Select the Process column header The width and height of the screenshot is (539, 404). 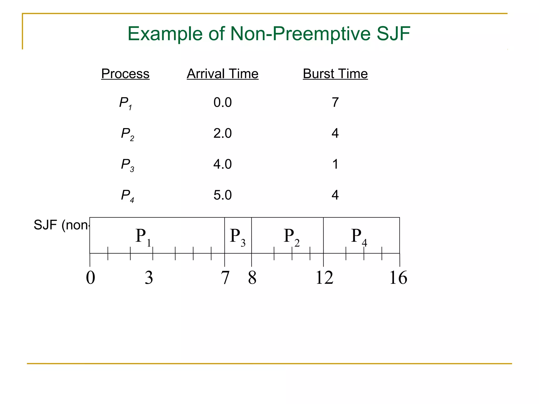coord(125,74)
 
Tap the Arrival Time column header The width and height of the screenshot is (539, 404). coord(223,74)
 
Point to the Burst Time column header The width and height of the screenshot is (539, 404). coord(335,74)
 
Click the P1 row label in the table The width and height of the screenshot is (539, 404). coord(126,103)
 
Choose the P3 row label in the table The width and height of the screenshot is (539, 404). coord(127,165)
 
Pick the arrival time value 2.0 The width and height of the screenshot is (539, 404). coord(222,133)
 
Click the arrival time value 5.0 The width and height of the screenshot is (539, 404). coord(222,195)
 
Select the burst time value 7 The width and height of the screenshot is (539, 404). coord(335,102)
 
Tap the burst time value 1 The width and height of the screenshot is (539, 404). coord(335,164)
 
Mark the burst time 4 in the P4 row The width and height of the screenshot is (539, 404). coord(335,195)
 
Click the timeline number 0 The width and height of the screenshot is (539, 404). coord(91,278)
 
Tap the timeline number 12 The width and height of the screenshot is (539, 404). coord(325,278)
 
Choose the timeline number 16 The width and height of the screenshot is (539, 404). coord(398,278)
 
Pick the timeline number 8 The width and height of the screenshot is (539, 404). coord(252,278)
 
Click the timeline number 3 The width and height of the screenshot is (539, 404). coord(149,278)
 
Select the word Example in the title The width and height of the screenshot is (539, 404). coord(165,34)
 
